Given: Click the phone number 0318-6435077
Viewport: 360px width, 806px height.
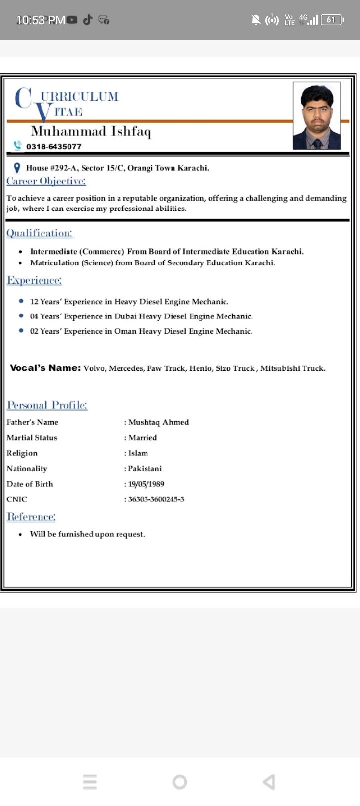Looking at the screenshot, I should pyautogui.click(x=54, y=146).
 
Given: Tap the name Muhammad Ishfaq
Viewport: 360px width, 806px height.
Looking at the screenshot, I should pyautogui.click(x=91, y=131).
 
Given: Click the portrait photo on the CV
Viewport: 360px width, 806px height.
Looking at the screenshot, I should pyautogui.click(x=316, y=116).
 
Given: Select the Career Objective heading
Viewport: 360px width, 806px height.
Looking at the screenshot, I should pyautogui.click(x=46, y=181).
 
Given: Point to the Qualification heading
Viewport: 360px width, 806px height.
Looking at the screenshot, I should pyautogui.click(x=39, y=233).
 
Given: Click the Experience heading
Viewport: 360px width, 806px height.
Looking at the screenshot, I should pyautogui.click(x=34, y=280).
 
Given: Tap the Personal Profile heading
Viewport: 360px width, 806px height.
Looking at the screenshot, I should pyautogui.click(x=47, y=405).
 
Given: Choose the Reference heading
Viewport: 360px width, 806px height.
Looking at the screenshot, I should pyautogui.click(x=31, y=517).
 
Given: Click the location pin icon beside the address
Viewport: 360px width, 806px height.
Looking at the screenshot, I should pyautogui.click(x=17, y=168).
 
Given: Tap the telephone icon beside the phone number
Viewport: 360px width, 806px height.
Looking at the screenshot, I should pyautogui.click(x=18, y=145).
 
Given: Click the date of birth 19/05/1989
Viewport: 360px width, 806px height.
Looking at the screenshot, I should pyautogui.click(x=146, y=484).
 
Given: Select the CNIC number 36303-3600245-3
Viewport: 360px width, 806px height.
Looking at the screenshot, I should pyautogui.click(x=156, y=499).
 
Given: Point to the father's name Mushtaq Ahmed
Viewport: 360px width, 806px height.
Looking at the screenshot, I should pyautogui.click(x=158, y=422).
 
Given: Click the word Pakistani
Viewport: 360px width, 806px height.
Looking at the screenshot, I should pyautogui.click(x=145, y=469).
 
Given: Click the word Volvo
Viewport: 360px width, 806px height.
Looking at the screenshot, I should pyautogui.click(x=94, y=368).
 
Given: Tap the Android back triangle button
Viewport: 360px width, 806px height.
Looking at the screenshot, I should pyautogui.click(x=269, y=782).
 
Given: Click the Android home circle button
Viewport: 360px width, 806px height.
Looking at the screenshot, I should pyautogui.click(x=180, y=782).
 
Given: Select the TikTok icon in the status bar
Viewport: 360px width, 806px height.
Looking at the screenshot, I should pyautogui.click(x=88, y=20).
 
